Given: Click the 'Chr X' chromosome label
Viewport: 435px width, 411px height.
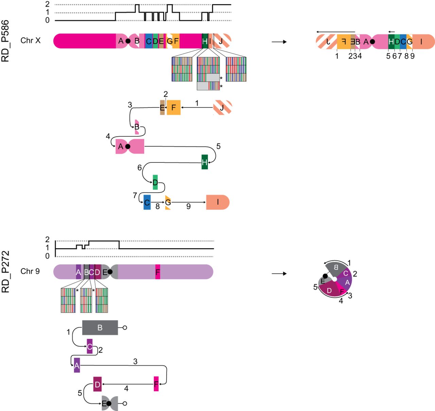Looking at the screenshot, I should [30, 41].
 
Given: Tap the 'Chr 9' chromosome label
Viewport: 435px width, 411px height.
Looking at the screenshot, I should [30, 271].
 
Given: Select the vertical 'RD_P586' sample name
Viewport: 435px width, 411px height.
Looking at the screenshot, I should [5, 41].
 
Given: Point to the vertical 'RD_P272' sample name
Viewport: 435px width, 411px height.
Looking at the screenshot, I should [5, 272].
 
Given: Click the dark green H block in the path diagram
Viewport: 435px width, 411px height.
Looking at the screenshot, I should [205, 162].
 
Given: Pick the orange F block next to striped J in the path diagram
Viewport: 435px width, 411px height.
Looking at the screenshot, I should [174, 107].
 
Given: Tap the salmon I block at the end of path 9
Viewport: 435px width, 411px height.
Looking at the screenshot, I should [217, 202].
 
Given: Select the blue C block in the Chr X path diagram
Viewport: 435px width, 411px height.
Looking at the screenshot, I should [147, 202].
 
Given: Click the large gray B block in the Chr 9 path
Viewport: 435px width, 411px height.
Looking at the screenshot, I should [100, 328].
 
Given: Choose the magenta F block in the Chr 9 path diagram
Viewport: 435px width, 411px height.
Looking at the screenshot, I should [156, 384].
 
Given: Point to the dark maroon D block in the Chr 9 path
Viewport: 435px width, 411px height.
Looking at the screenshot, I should [97, 384].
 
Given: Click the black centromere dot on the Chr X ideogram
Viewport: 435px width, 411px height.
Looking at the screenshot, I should [128, 41].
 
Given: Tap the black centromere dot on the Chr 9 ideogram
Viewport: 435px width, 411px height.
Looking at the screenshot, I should [110, 272].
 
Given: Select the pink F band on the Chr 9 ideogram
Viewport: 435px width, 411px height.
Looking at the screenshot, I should [158, 272].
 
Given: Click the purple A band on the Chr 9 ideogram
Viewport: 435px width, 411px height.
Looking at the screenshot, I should [79, 272].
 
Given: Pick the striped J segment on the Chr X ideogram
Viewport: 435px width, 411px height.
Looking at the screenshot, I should [223, 41].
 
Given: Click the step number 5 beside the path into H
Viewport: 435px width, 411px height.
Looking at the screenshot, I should [219, 146].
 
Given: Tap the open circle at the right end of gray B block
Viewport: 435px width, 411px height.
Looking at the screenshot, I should [125, 328].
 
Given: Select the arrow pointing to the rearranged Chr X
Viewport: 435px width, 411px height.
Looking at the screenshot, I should [279, 42].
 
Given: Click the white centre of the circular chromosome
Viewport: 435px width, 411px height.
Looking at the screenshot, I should [334, 279].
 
